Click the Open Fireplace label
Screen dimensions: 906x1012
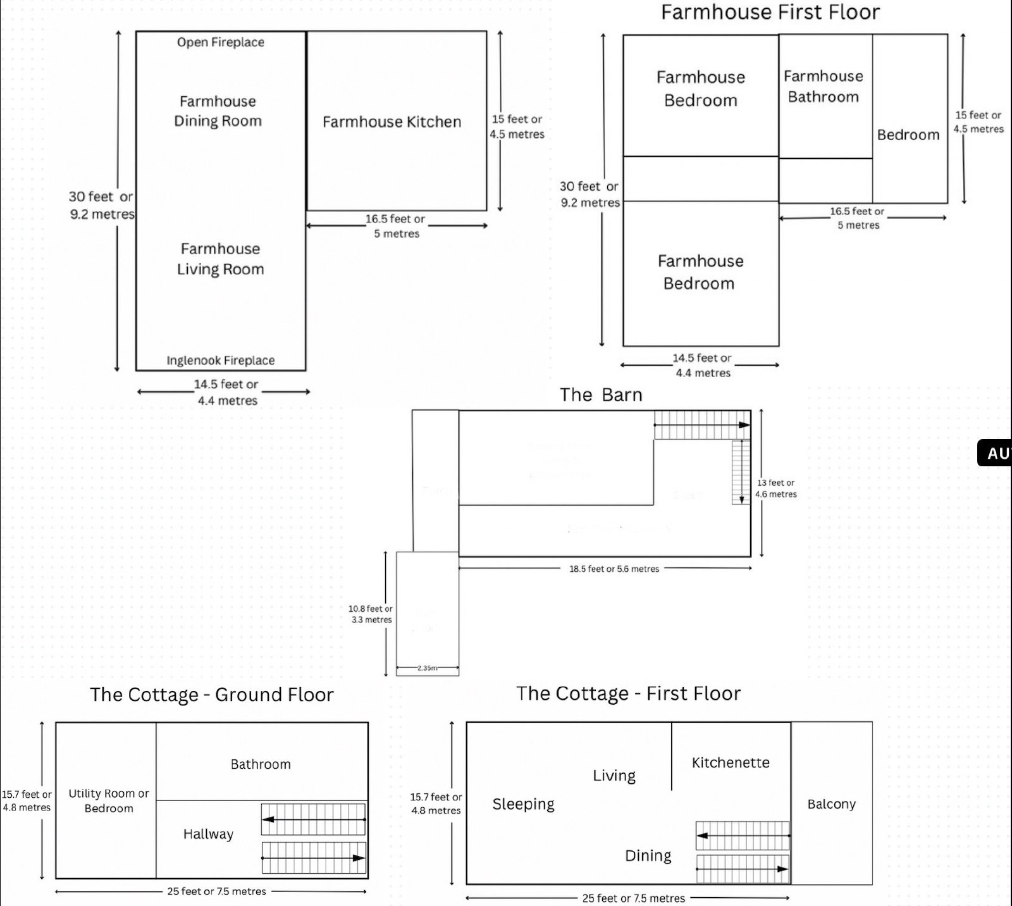pyautogui.click(x=221, y=42)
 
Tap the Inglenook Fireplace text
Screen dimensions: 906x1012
pyautogui.click(x=221, y=361)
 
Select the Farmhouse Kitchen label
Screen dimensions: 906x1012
pyautogui.click(x=392, y=122)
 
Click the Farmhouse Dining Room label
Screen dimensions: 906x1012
pyautogui.click(x=218, y=111)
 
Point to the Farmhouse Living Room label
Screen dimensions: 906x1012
pyautogui.click(x=220, y=259)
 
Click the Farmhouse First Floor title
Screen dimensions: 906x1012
pyautogui.click(x=770, y=13)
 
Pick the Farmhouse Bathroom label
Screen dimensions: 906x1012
pyautogui.click(x=824, y=87)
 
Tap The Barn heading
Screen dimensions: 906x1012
pyautogui.click(x=601, y=395)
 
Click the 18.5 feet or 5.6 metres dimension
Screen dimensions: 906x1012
pyautogui.click(x=614, y=569)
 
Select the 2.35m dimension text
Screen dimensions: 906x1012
pyautogui.click(x=428, y=668)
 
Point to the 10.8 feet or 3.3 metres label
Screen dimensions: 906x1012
pyautogui.click(x=371, y=614)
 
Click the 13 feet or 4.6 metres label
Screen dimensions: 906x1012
pyautogui.click(x=776, y=488)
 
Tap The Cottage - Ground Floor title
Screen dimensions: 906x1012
pyautogui.click(x=211, y=695)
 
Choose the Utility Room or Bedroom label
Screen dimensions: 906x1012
pyautogui.click(x=109, y=800)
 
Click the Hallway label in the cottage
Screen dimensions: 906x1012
pyautogui.click(x=208, y=835)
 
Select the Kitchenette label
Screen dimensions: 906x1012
pyautogui.click(x=731, y=763)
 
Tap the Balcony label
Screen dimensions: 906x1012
pyautogui.click(x=831, y=804)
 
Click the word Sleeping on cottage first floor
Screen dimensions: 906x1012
pyautogui.click(x=523, y=804)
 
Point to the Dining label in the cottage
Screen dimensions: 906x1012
pyautogui.click(x=648, y=856)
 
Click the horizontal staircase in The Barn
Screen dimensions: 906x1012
pyautogui.click(x=701, y=425)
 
